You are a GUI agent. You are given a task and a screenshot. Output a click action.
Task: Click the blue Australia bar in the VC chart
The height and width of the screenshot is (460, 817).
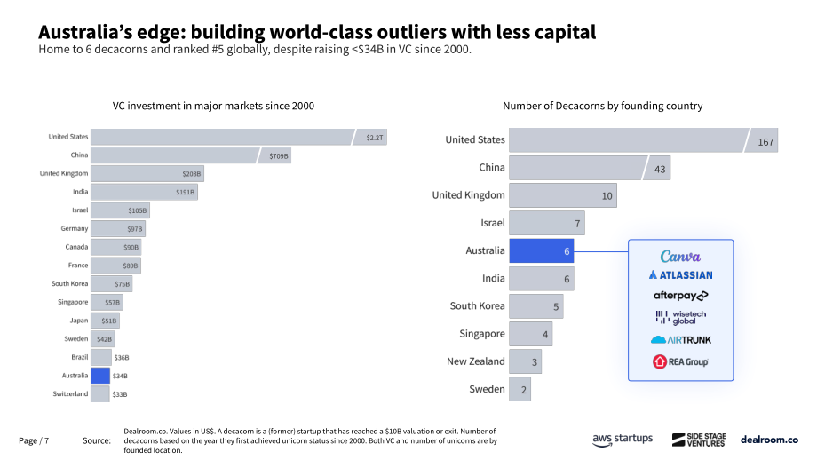(100, 376)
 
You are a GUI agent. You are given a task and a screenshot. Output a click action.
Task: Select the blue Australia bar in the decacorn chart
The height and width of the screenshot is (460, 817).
(542, 251)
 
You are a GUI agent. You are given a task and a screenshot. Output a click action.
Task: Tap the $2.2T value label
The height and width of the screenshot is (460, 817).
(374, 138)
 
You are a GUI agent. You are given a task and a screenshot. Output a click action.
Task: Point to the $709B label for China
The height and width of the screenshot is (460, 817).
(279, 155)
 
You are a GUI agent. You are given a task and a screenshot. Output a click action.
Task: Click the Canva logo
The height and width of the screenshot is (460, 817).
(680, 257)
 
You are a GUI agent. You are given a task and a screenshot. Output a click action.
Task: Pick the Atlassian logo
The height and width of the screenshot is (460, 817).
(680, 275)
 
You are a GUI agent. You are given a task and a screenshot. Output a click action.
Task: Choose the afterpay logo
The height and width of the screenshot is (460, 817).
(680, 296)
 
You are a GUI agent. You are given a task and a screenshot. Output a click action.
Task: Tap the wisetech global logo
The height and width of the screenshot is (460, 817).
(680, 317)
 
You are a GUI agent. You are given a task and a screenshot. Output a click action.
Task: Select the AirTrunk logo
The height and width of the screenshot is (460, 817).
(680, 339)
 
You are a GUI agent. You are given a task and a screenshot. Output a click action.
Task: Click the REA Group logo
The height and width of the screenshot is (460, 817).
(680, 361)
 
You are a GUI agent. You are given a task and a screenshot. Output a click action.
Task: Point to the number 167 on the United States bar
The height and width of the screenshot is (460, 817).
(765, 142)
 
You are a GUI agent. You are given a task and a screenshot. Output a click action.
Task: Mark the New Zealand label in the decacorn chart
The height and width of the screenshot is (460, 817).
(476, 361)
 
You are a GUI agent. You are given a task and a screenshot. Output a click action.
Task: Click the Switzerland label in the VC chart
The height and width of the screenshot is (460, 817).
(70, 393)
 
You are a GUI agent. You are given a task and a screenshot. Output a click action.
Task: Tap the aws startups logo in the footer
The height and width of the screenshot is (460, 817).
(623, 440)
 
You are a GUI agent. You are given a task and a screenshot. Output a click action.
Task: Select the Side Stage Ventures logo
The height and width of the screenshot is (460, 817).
(699, 440)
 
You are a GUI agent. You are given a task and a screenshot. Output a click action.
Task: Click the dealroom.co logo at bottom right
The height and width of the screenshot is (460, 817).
(769, 440)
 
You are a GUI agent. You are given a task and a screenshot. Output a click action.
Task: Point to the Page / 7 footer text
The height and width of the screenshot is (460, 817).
(34, 440)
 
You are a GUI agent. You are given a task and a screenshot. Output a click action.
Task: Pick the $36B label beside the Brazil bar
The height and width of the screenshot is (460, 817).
(122, 357)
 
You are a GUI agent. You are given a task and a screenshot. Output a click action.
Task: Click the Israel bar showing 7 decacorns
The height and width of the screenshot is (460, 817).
(546, 223)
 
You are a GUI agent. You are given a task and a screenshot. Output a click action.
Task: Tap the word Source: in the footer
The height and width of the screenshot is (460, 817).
(97, 440)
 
